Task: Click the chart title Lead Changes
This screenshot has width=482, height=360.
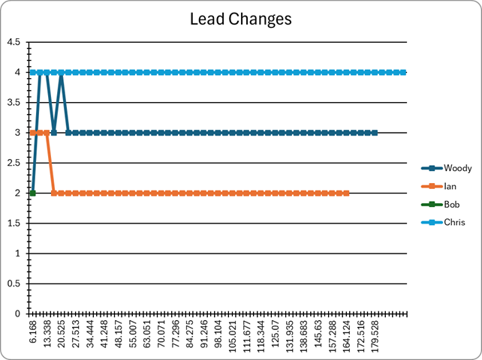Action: (x=241, y=19)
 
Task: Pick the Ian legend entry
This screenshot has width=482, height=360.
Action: (x=439, y=186)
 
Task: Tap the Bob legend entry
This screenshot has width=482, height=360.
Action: (x=441, y=204)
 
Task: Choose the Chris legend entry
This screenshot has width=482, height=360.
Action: (x=443, y=222)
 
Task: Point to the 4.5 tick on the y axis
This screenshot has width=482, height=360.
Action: (x=14, y=42)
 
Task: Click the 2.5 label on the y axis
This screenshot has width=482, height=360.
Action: (x=14, y=163)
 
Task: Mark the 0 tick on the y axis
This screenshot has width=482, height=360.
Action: (x=17, y=314)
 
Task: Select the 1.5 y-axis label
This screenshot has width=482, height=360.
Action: (x=14, y=223)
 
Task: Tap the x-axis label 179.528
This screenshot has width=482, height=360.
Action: (x=375, y=336)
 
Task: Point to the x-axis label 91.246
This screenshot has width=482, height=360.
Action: (x=203, y=334)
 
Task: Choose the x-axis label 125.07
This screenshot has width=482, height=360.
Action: (x=275, y=334)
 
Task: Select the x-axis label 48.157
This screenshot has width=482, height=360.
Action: (x=119, y=334)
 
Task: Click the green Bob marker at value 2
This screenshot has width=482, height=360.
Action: (x=32, y=193)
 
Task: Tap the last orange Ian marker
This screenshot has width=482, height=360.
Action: (x=346, y=193)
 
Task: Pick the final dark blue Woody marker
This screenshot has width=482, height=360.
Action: (x=375, y=133)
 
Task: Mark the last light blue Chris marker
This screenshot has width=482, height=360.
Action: (x=403, y=73)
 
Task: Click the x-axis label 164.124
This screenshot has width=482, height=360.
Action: (x=346, y=336)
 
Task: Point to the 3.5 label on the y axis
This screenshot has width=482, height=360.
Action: (x=14, y=103)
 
